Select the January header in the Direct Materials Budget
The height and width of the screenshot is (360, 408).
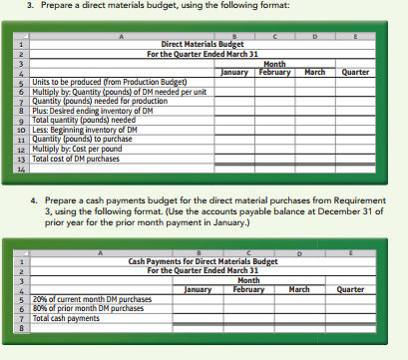tap(234, 73)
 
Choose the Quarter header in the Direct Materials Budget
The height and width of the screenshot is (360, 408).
tap(355, 73)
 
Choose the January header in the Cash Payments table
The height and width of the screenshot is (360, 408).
tap(200, 289)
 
